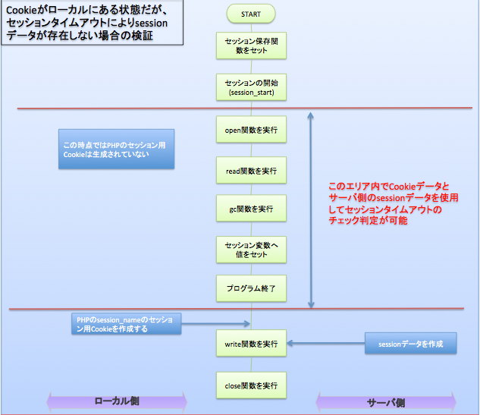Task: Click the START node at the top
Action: (x=251, y=13)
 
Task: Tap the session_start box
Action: (x=251, y=86)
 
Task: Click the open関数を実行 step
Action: (x=251, y=130)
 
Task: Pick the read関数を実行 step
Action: (x=251, y=170)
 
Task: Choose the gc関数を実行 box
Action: (x=251, y=208)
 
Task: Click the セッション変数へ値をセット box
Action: (x=251, y=250)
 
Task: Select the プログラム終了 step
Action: (x=251, y=289)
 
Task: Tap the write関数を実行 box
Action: (x=251, y=344)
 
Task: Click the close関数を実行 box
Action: (x=251, y=385)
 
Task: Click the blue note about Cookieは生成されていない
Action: (x=118, y=149)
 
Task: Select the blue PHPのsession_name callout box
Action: (x=123, y=325)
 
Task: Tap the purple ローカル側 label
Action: (x=117, y=400)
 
